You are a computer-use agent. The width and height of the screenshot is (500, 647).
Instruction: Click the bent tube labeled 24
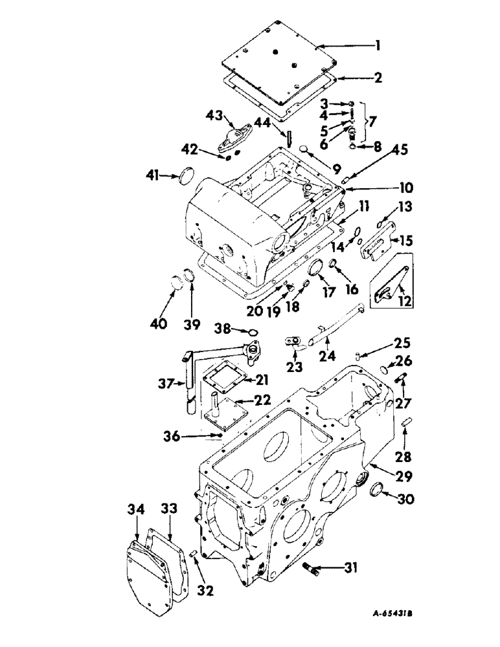click(x=337, y=323)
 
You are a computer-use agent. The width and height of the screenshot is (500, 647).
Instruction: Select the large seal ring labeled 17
click(x=318, y=269)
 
